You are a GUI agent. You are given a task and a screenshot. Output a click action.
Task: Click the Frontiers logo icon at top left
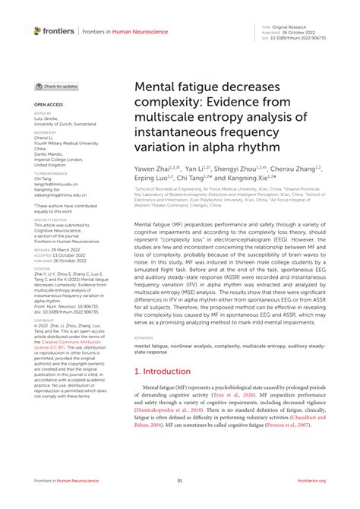click(x=38, y=31)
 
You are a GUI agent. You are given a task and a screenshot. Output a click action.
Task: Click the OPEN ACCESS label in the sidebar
click(x=46, y=103)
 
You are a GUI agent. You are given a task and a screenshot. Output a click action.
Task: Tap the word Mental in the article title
click(x=153, y=90)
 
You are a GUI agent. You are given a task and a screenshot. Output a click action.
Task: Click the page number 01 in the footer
click(x=180, y=480)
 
